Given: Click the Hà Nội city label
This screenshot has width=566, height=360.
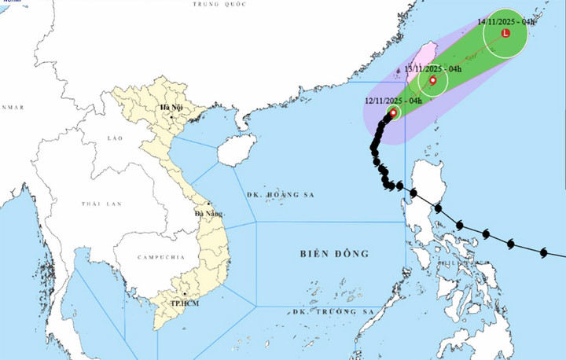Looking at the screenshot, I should (x=171, y=108).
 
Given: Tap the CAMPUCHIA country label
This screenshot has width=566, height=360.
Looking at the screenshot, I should (x=159, y=257).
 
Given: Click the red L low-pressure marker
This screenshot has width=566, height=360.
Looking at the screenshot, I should (x=505, y=35).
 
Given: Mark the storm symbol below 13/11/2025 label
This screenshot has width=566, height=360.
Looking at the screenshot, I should (x=432, y=80).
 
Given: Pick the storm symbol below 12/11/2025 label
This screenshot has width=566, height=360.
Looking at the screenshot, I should (x=393, y=112).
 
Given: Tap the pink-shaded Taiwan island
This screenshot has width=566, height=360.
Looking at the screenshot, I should (x=425, y=59).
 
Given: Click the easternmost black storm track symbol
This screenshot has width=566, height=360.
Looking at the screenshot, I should (x=543, y=252).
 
